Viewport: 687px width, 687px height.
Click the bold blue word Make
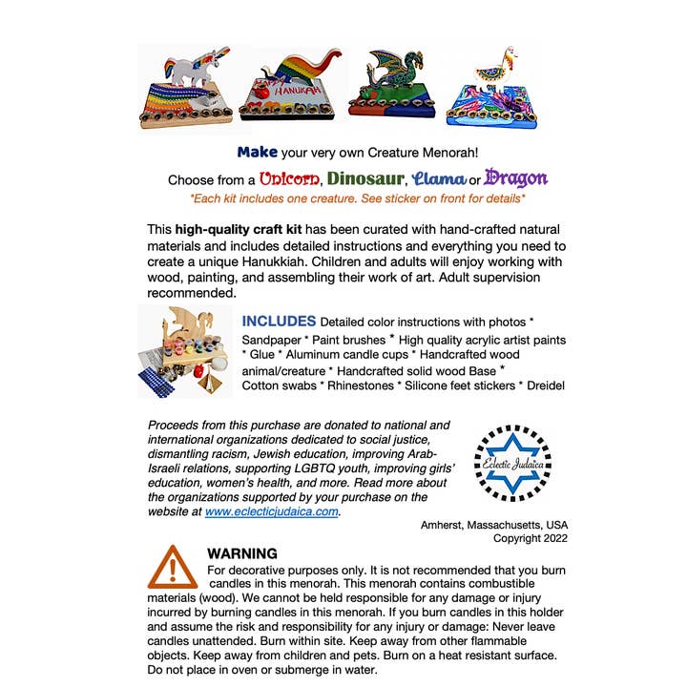[257, 152]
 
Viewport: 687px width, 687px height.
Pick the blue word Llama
[440, 178]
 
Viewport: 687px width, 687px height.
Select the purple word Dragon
[515, 178]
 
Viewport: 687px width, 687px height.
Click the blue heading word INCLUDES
[279, 321]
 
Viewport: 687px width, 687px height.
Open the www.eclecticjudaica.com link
[272, 510]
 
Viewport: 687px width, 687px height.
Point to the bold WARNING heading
[242, 553]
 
